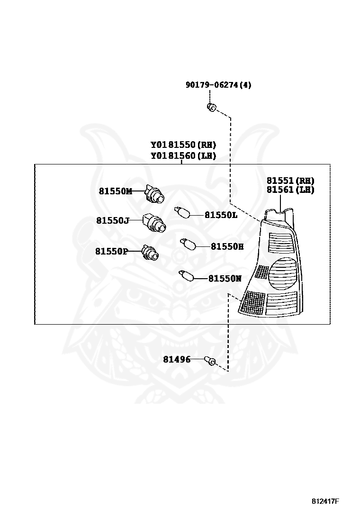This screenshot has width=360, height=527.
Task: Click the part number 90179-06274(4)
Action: click(x=218, y=85)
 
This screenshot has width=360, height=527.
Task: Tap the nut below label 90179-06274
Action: click(x=212, y=107)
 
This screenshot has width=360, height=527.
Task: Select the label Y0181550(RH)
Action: click(x=183, y=145)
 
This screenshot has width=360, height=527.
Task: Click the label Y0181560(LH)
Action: click(x=183, y=155)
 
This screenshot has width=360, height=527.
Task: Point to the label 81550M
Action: click(x=115, y=191)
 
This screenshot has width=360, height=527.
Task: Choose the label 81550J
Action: click(x=113, y=220)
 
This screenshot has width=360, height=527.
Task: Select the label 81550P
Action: click(x=111, y=251)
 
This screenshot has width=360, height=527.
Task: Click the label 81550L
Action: click(x=221, y=215)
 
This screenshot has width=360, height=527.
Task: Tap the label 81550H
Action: click(x=227, y=246)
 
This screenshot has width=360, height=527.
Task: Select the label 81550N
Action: click(x=225, y=279)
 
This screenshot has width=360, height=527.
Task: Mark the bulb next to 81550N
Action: click(x=185, y=275)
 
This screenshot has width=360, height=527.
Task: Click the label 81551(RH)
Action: click(x=290, y=181)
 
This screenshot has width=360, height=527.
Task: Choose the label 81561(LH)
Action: click(x=290, y=190)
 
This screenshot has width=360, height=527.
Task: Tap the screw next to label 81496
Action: click(x=210, y=361)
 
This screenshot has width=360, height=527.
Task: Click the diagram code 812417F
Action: click(x=325, y=501)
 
